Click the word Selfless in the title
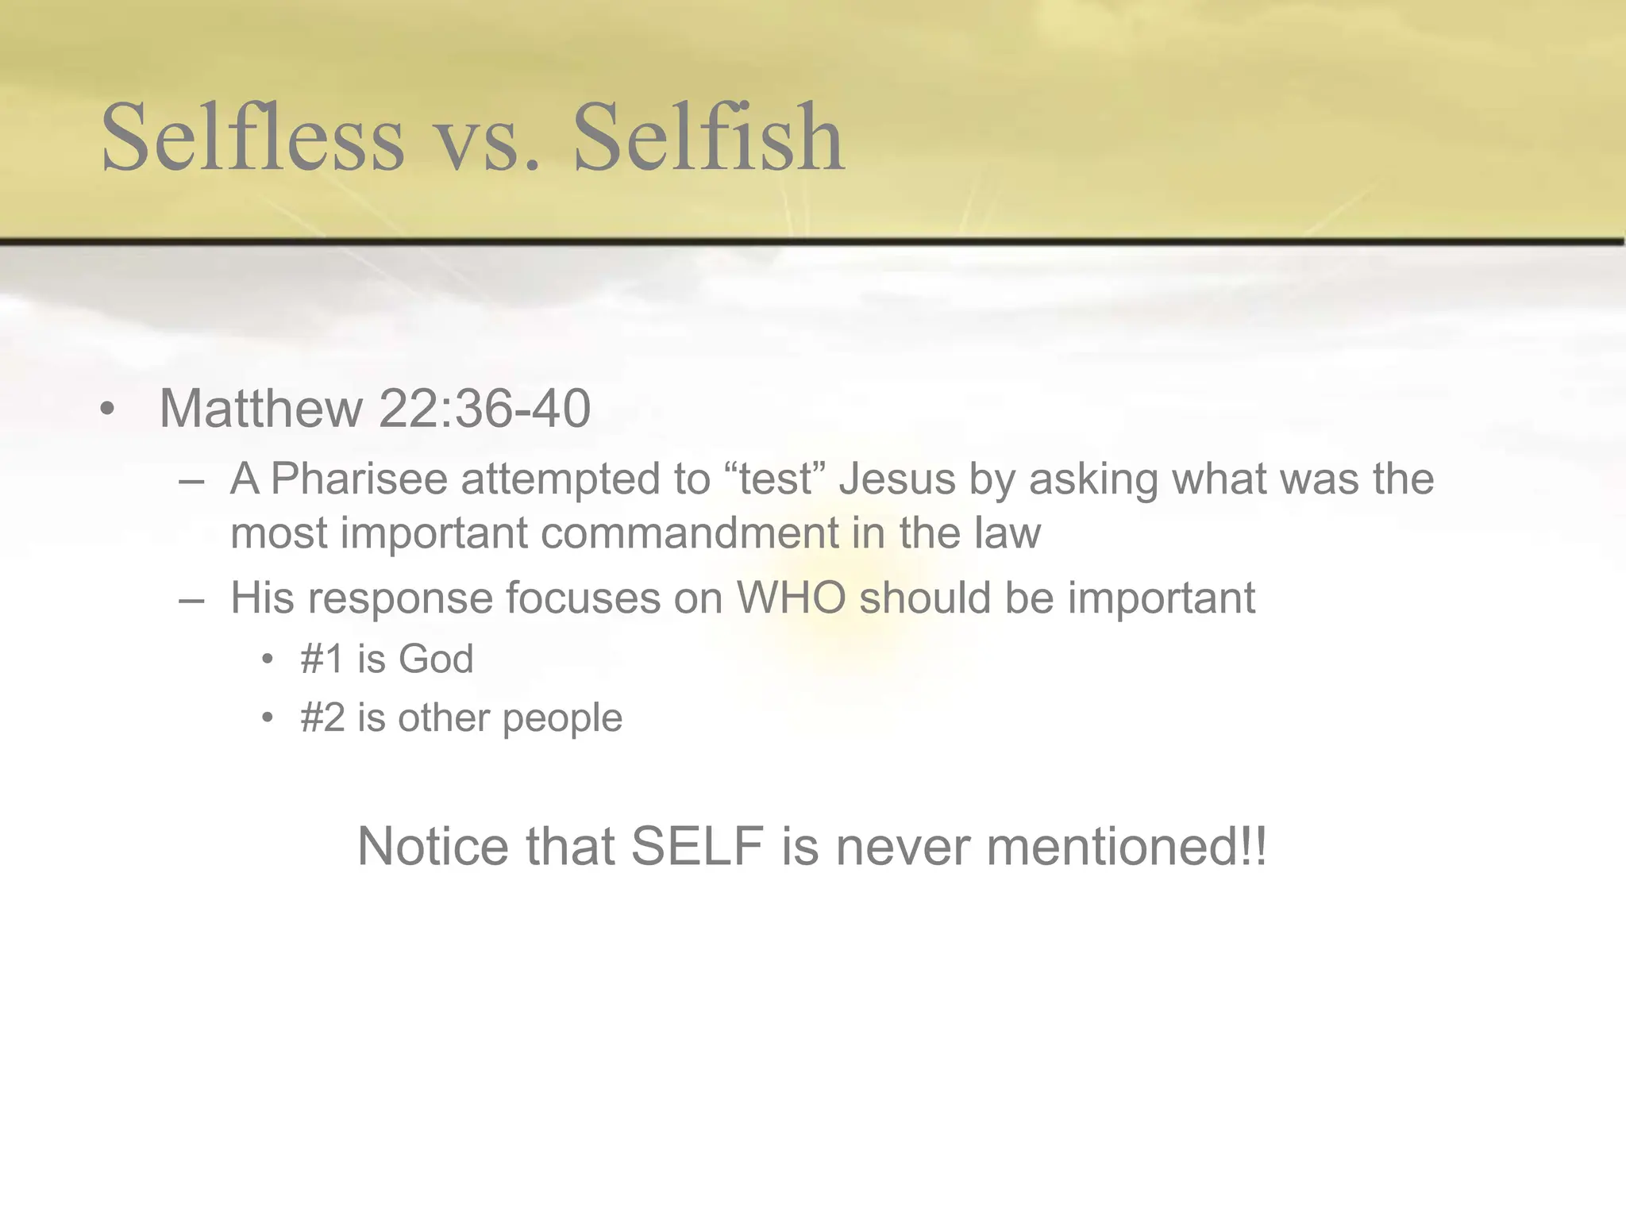point(252,138)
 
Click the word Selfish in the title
point(707,138)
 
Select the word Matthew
point(260,410)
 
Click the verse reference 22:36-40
point(484,410)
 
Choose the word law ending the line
point(1007,533)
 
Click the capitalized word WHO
point(792,598)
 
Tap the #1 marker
point(322,659)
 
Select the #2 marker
point(322,718)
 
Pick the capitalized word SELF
point(697,847)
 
